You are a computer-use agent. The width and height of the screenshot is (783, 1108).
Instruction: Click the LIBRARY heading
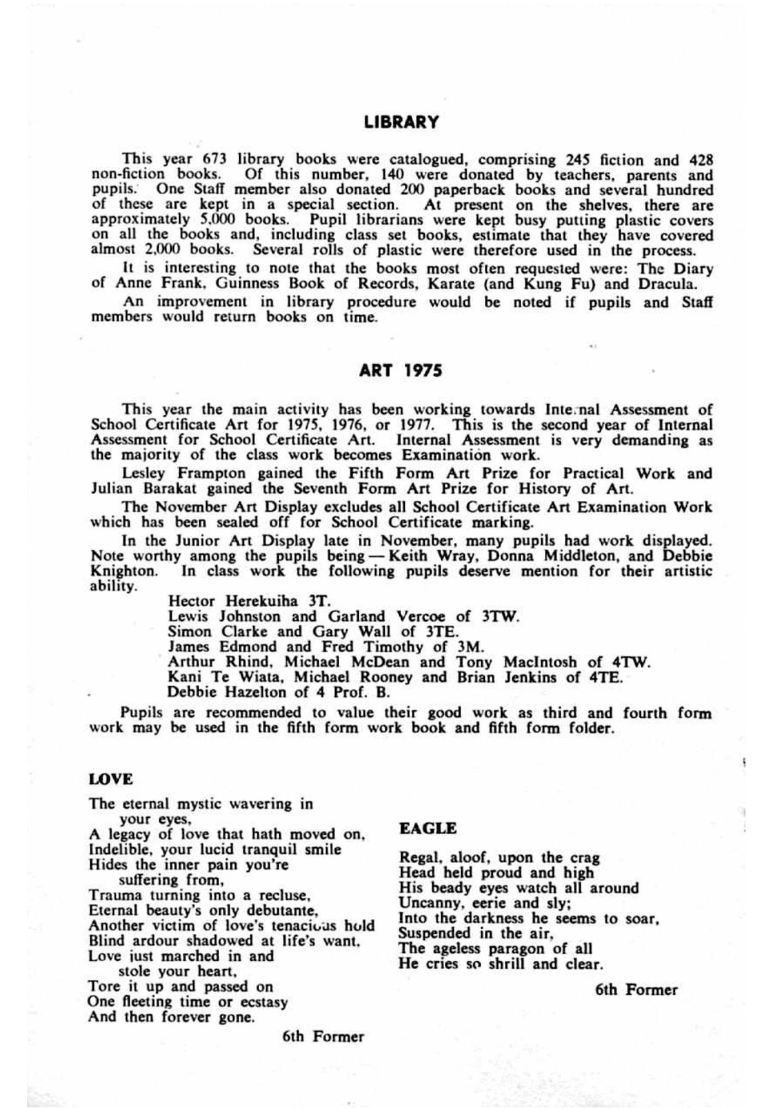[401, 122]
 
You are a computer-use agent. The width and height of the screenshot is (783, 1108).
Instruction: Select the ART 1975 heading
[401, 371]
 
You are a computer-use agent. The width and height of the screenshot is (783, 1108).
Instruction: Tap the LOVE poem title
[111, 779]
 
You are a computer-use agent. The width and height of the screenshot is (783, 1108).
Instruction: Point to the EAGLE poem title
[428, 829]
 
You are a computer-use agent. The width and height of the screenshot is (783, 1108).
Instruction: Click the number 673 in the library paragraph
[215, 160]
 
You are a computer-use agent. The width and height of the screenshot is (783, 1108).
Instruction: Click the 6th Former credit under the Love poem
[323, 1037]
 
